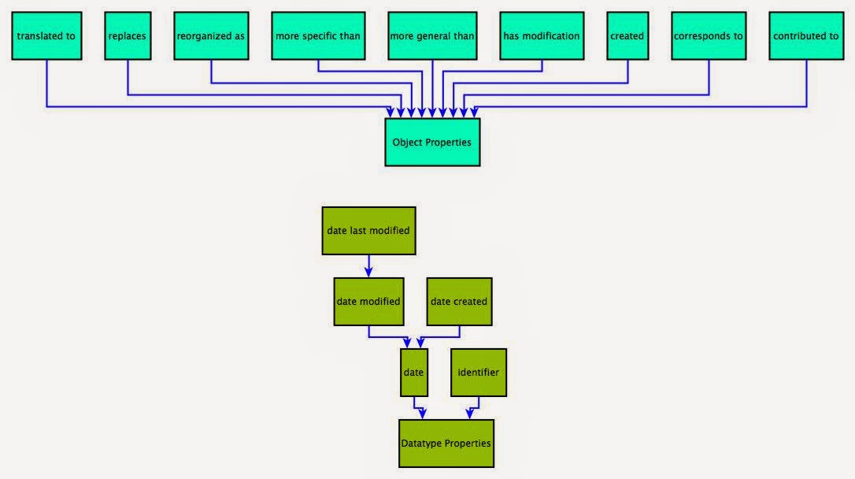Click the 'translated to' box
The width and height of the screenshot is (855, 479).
pyautogui.click(x=46, y=36)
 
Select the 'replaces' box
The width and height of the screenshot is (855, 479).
pyautogui.click(x=128, y=36)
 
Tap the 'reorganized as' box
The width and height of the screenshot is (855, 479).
pyautogui.click(x=211, y=36)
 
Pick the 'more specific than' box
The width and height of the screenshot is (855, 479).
pyautogui.click(x=318, y=36)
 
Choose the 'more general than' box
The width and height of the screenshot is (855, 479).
pyautogui.click(x=432, y=36)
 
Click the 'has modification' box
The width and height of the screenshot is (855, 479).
pyautogui.click(x=541, y=36)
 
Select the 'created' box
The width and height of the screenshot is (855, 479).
pyautogui.click(x=627, y=36)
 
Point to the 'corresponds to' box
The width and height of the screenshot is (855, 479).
pyautogui.click(x=709, y=36)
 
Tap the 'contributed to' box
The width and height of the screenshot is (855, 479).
pyautogui.click(x=805, y=36)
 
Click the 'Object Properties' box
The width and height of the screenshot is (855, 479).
pyautogui.click(x=432, y=143)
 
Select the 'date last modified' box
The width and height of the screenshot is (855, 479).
pyautogui.click(x=368, y=231)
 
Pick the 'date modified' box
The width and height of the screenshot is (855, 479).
pyautogui.click(x=368, y=301)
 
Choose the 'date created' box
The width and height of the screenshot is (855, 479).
pyautogui.click(x=459, y=301)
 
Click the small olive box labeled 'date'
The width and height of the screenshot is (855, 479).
pyautogui.click(x=414, y=372)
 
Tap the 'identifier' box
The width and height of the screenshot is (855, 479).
pyautogui.click(x=479, y=372)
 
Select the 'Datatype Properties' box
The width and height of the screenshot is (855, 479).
pyautogui.click(x=446, y=444)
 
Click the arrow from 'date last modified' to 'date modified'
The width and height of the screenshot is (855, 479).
pyautogui.click(x=368, y=265)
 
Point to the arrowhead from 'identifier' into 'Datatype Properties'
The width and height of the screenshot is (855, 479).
pyautogui.click(x=470, y=414)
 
